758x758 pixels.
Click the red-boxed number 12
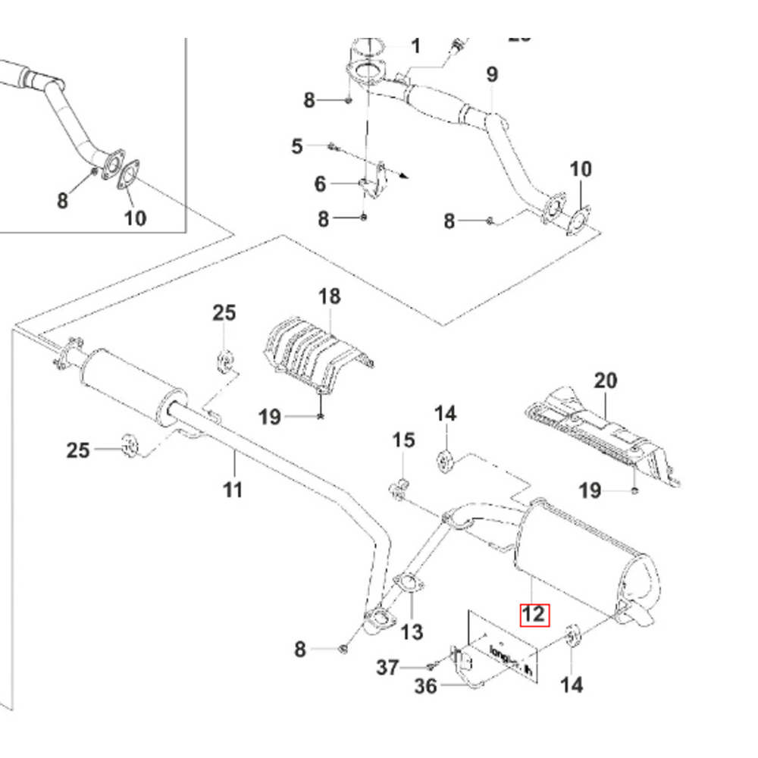533,613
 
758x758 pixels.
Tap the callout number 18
330,296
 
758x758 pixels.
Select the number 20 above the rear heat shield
606,381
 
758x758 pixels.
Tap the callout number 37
387,667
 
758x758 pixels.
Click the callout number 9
492,74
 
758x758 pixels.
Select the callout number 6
320,183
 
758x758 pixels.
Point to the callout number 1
415,47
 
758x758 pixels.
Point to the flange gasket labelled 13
409,583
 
